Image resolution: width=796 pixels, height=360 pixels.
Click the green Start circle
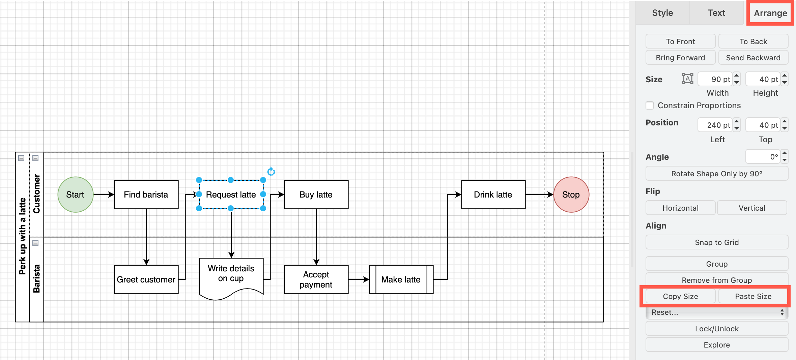pyautogui.click(x=75, y=194)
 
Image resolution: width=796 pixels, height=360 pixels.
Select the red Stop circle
pyautogui.click(x=571, y=194)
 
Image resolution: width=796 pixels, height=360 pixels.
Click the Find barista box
pyautogui.click(x=146, y=194)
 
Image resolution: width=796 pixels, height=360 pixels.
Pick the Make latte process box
pyautogui.click(x=401, y=279)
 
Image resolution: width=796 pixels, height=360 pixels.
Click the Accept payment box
pyautogui.click(x=316, y=279)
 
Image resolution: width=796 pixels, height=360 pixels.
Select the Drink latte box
pyautogui.click(x=493, y=194)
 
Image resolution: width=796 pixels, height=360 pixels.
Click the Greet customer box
pyautogui.click(x=146, y=279)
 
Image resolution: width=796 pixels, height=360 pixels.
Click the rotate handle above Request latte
pyautogui.click(x=271, y=172)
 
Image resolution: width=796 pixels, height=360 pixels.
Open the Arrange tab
pyautogui.click(x=770, y=13)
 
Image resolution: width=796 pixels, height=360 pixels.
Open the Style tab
pyautogui.click(x=662, y=13)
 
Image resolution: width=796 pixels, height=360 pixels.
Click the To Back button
pyautogui.click(x=753, y=41)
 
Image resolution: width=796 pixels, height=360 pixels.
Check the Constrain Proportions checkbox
pyautogui.click(x=650, y=106)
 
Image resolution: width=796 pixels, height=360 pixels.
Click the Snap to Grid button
pyautogui.click(x=717, y=242)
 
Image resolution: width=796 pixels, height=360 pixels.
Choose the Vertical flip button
pyautogui.click(x=752, y=208)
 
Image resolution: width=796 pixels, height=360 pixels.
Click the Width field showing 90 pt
pyautogui.click(x=715, y=79)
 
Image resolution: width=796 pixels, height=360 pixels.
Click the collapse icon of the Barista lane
pyautogui.click(x=35, y=243)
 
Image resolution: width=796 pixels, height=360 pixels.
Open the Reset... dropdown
pyautogui.click(x=717, y=312)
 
